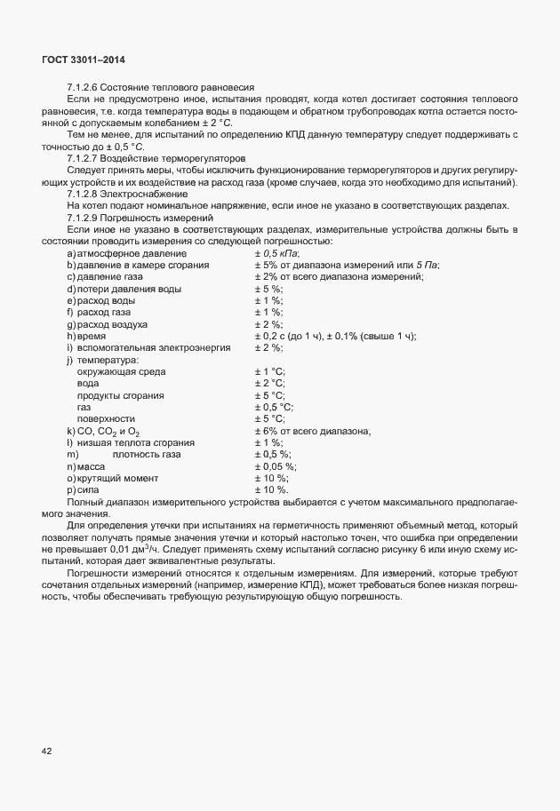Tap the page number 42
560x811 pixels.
(x=46, y=751)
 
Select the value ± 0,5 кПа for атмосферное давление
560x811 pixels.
(x=276, y=254)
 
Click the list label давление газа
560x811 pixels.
(x=111, y=277)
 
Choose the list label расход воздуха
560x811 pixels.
(x=116, y=324)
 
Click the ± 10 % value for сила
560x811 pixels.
(x=271, y=489)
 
